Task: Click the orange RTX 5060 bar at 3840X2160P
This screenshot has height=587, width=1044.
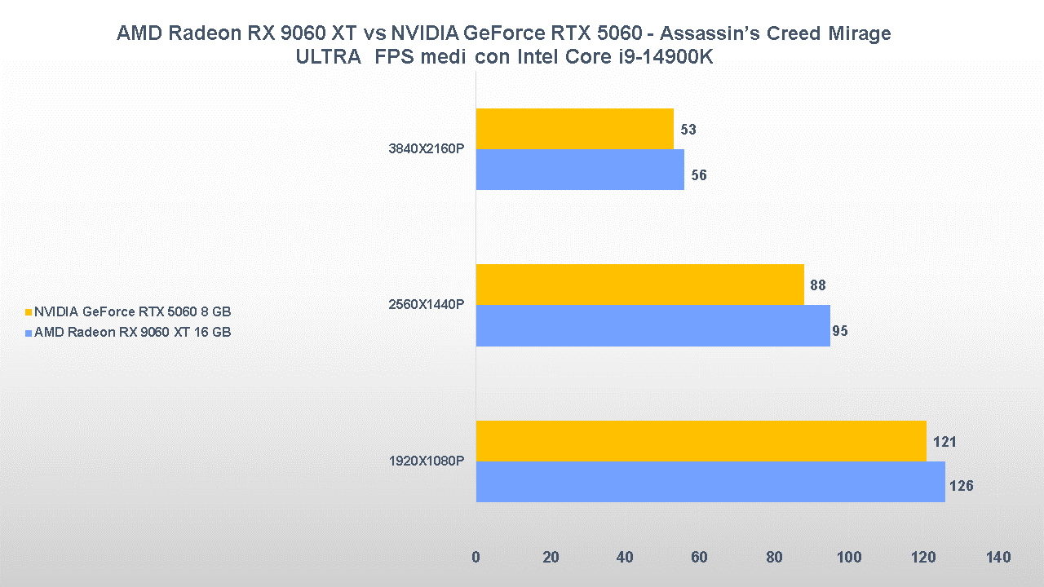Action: [574, 129]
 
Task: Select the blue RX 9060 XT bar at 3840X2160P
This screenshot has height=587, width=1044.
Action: [580, 170]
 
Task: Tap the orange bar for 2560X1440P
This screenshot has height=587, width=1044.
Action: [639, 285]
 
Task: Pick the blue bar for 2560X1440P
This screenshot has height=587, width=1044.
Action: [652, 325]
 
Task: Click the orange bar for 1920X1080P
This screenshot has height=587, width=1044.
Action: [701, 441]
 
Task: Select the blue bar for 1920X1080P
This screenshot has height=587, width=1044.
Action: [710, 482]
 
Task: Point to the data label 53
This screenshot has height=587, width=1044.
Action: [688, 130]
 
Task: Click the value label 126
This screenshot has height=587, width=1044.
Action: [961, 486]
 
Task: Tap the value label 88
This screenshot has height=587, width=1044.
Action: [818, 285]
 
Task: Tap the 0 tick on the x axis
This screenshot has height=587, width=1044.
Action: [476, 558]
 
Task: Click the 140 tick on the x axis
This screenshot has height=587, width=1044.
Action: [998, 558]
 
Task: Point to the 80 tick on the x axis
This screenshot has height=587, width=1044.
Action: [774, 558]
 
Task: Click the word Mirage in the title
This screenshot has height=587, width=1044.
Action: [857, 33]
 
